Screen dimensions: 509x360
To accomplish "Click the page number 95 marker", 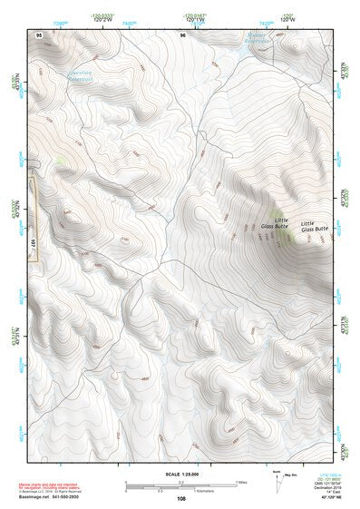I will [39, 34].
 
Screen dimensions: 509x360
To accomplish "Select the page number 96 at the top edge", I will [182, 34].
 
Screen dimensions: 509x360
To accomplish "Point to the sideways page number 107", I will [33, 244].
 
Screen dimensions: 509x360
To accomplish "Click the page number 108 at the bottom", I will [182, 499].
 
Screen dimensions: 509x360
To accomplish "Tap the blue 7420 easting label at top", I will [267, 21].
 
